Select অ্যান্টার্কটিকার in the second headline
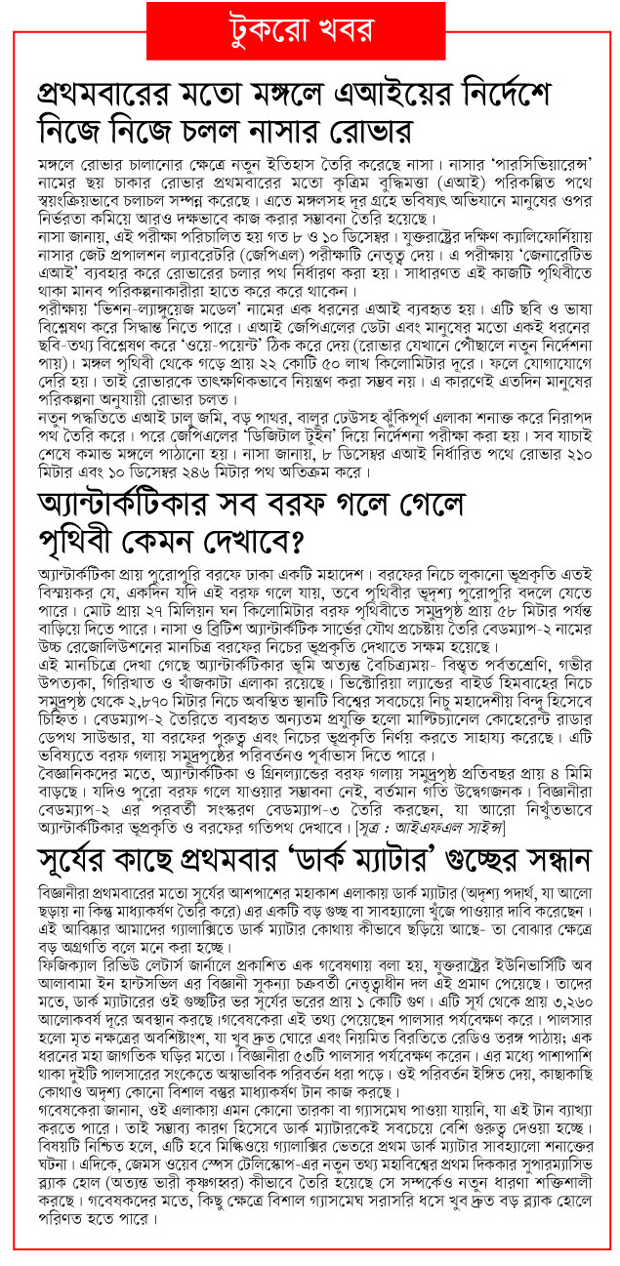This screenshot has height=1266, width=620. pos(137,507)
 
